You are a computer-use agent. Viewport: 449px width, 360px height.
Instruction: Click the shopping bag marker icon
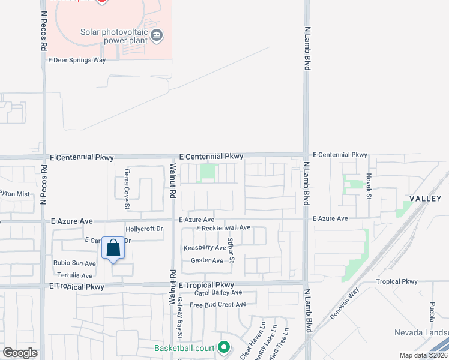pyautogui.click(x=113, y=248)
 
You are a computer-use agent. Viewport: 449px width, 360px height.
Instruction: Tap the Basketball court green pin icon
pyautogui.click(x=224, y=347)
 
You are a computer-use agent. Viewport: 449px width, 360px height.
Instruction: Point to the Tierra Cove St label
pyautogui.click(x=127, y=189)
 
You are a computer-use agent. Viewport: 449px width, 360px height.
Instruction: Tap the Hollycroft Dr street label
pyautogui.click(x=144, y=229)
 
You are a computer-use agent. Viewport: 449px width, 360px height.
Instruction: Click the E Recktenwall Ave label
pyautogui.click(x=223, y=228)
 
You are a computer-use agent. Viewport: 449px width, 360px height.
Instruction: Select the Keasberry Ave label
pyautogui.click(x=205, y=247)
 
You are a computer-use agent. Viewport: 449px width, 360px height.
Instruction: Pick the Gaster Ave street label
pyautogui.click(x=207, y=260)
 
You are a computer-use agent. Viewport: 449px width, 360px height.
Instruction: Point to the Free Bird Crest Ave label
pyautogui.click(x=218, y=305)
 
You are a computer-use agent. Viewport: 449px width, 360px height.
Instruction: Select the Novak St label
pyautogui.click(x=369, y=187)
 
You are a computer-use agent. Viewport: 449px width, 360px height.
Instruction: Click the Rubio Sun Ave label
pyautogui.click(x=74, y=263)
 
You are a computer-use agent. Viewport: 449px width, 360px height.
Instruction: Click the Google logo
pyautogui.click(x=20, y=353)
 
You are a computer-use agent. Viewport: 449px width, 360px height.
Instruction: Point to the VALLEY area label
pyautogui.click(x=425, y=199)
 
